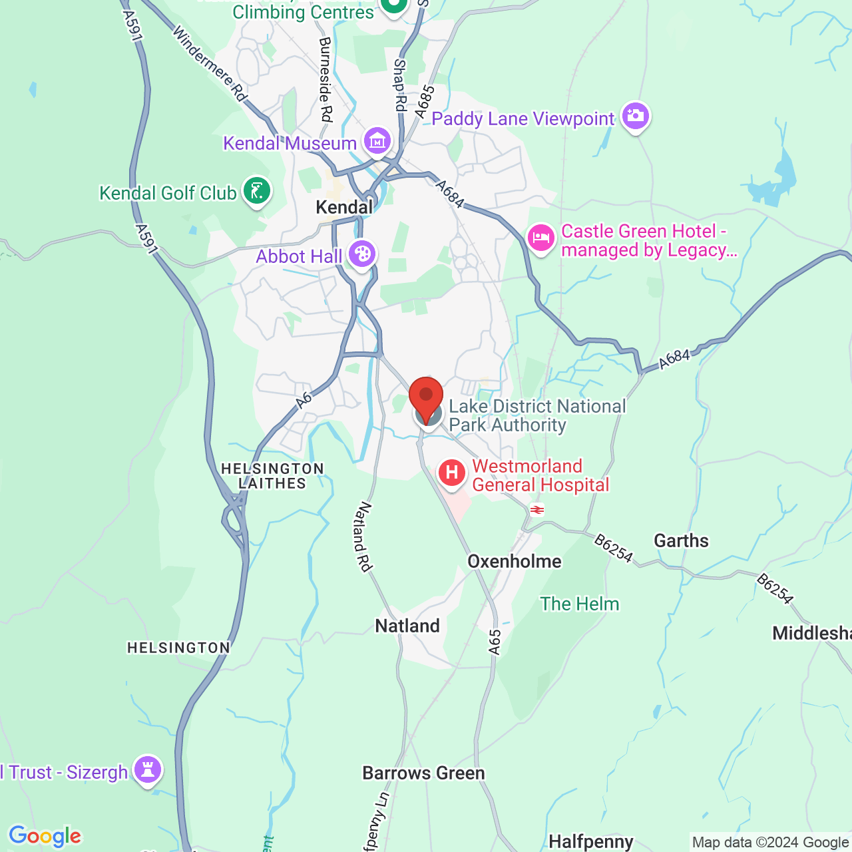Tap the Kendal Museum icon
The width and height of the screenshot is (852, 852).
(377, 140)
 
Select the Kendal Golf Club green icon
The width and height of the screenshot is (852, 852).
(257, 191)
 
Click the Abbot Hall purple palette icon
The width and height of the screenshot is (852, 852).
(362, 254)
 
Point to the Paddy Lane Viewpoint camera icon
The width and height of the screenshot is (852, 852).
(636, 116)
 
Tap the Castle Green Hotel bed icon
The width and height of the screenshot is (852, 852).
(541, 238)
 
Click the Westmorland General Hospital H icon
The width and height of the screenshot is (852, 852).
(452, 473)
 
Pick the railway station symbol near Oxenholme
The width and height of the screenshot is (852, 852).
(536, 511)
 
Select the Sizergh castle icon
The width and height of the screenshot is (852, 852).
(148, 770)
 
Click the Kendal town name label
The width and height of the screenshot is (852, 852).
(344, 207)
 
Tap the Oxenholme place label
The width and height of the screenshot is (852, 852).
(515, 561)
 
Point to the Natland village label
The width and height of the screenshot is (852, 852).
(407, 626)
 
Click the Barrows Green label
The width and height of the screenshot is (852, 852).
(423, 773)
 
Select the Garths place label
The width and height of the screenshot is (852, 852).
(681, 540)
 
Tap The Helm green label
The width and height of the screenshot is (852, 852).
(579, 604)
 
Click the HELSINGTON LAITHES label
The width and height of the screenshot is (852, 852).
(272, 476)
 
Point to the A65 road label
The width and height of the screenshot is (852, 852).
(494, 642)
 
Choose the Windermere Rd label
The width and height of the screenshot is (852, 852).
(209, 63)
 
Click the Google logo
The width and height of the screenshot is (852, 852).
(45, 836)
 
